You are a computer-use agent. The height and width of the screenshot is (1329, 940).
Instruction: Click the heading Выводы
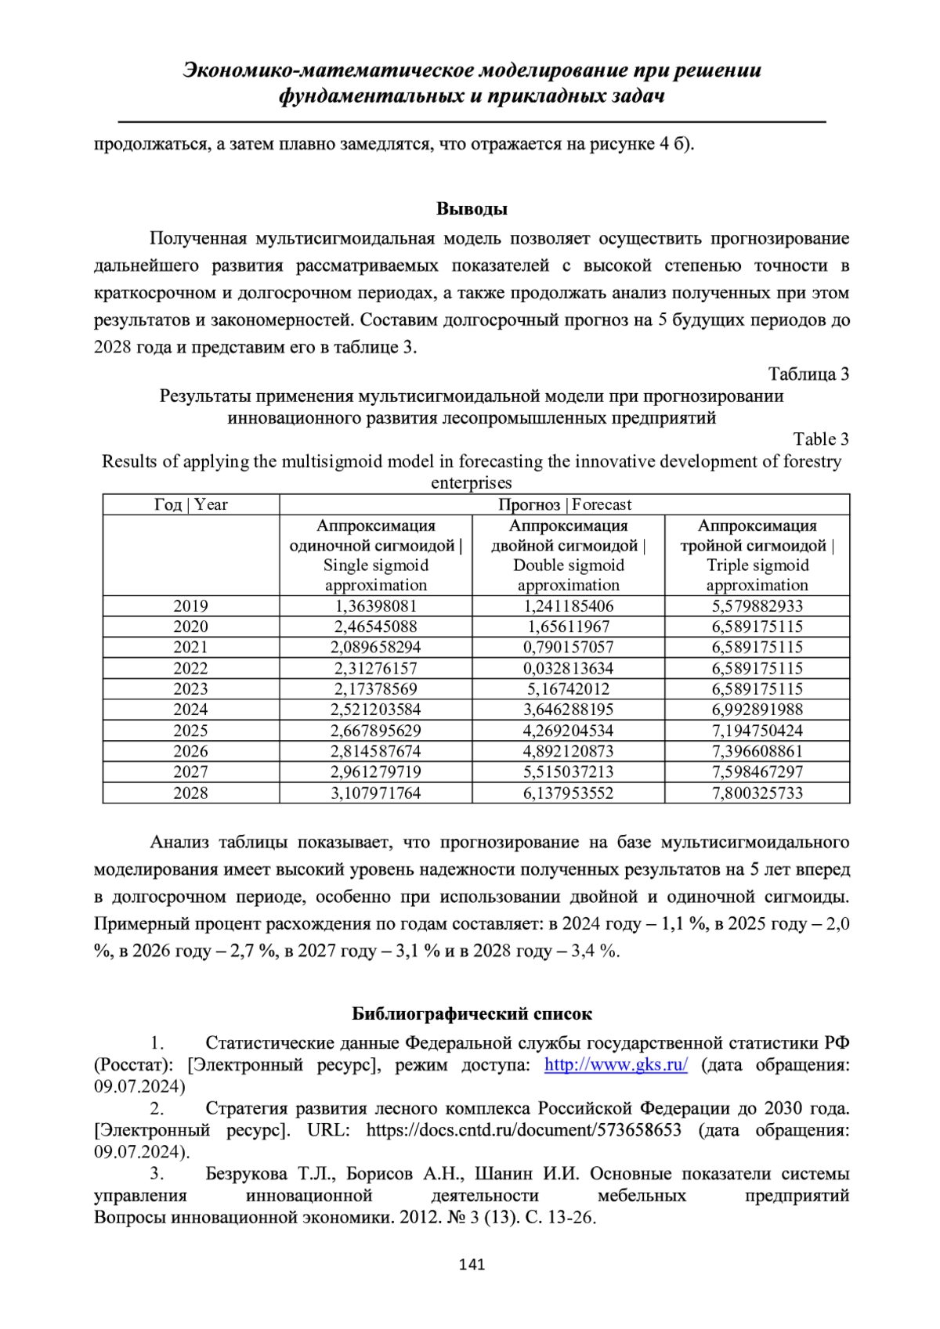[x=472, y=209]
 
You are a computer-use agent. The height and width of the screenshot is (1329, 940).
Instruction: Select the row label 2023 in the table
[x=190, y=689]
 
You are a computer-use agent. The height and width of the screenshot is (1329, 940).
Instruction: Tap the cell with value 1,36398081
[x=375, y=606]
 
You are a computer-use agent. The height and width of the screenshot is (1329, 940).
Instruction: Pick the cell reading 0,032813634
[x=568, y=668]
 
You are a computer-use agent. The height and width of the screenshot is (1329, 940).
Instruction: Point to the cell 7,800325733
[x=757, y=793]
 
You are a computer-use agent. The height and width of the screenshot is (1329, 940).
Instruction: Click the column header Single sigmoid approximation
[x=375, y=555]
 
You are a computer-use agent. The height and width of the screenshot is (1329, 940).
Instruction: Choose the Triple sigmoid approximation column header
[x=757, y=555]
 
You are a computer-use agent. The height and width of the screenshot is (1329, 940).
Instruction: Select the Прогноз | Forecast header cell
[x=564, y=505]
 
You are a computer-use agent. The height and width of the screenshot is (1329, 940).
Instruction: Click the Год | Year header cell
[x=190, y=505]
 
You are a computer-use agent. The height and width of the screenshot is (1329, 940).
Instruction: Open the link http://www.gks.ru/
[x=616, y=1065]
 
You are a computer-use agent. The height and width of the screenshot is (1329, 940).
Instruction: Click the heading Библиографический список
[x=472, y=1014]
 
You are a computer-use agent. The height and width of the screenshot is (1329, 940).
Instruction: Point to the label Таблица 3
[x=808, y=374]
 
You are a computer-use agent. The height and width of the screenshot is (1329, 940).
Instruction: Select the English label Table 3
[x=820, y=439]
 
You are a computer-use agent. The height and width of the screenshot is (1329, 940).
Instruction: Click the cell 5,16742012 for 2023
[x=568, y=689]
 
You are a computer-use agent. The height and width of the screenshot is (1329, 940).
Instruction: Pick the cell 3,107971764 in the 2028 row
[x=375, y=793]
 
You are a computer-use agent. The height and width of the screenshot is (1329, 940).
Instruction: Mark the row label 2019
[x=190, y=606]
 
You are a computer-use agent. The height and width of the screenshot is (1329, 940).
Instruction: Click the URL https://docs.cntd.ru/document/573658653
[x=523, y=1130]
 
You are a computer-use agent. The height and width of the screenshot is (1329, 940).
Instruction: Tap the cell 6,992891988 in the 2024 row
[x=757, y=710]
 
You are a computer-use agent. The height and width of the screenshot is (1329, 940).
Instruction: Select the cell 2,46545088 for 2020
[x=375, y=627]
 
